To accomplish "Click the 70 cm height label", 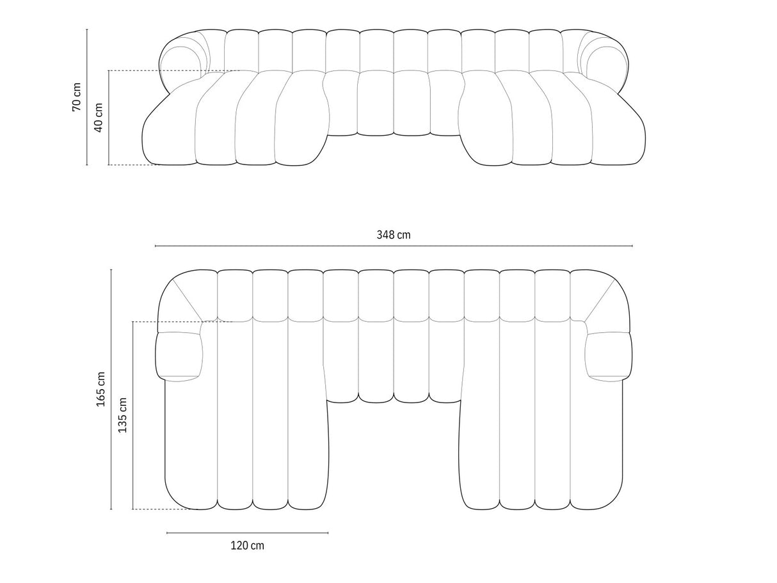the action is (76, 97).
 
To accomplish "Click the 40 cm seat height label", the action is (98, 118).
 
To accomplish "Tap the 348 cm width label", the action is (393, 235).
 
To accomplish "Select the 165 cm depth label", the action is (101, 389).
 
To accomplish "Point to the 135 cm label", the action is (122, 415).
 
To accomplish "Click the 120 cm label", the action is (248, 545).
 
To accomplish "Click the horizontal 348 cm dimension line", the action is (394, 246).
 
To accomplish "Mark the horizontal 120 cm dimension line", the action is (248, 532).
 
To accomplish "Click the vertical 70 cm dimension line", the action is (87, 97).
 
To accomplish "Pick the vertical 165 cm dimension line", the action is (111, 389).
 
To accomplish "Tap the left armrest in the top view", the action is (179, 357).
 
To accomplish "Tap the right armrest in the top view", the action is (609, 357).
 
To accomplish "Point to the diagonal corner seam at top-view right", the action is (600, 299).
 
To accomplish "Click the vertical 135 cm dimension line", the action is (132, 415).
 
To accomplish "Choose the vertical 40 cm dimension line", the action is (109, 118).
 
